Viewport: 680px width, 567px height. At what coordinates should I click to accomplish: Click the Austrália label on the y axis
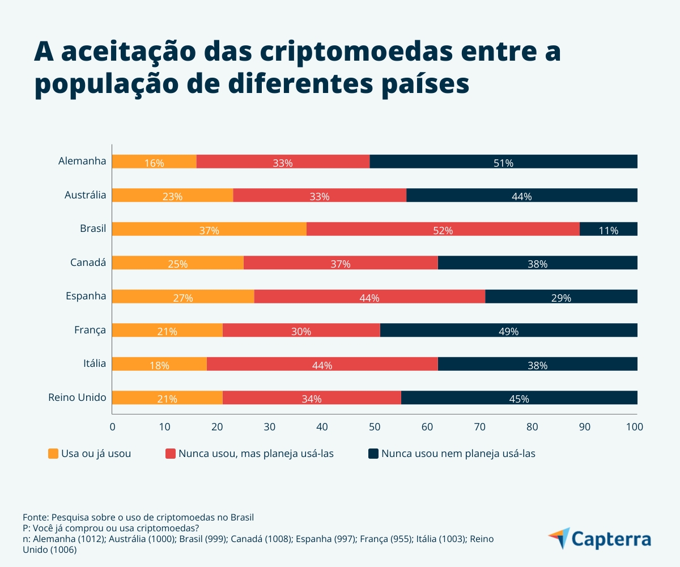pos(85,195)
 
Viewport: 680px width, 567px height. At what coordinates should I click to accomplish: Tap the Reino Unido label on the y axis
pos(78,397)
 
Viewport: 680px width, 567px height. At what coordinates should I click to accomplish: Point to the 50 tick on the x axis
pos(375,426)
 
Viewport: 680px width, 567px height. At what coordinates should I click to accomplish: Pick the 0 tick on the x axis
pos(112,426)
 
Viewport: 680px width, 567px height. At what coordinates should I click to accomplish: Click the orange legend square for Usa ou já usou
pos(53,454)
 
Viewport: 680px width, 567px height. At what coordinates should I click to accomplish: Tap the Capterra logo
pos(600,538)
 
